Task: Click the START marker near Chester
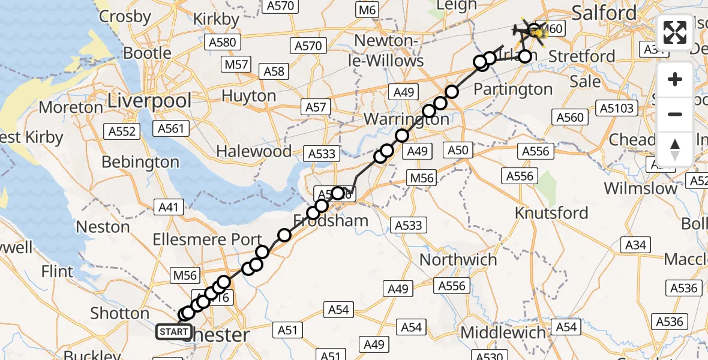click(174, 331)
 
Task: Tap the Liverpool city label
click(149, 101)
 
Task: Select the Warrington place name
click(406, 119)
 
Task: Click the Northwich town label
click(458, 260)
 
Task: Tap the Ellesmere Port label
click(207, 239)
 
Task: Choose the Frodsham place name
click(331, 221)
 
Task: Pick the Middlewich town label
click(503, 332)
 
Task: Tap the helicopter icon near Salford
click(527, 30)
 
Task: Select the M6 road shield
click(367, 10)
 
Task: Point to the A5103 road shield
click(616, 108)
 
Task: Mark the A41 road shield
click(169, 208)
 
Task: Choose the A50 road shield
click(458, 150)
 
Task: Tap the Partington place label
click(512, 89)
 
